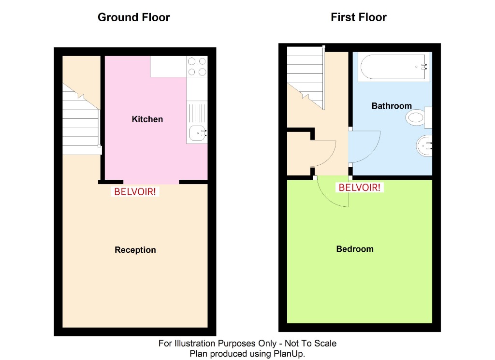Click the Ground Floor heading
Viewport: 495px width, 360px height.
133,17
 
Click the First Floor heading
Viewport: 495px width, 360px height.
358,17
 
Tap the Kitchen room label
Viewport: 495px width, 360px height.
147,119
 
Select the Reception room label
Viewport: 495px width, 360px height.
135,250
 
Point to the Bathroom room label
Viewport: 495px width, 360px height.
392,106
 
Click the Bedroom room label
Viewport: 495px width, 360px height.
355,249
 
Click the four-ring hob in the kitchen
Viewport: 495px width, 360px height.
197,67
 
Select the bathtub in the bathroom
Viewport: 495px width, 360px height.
393,67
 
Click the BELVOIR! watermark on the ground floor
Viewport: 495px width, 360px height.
135,191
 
